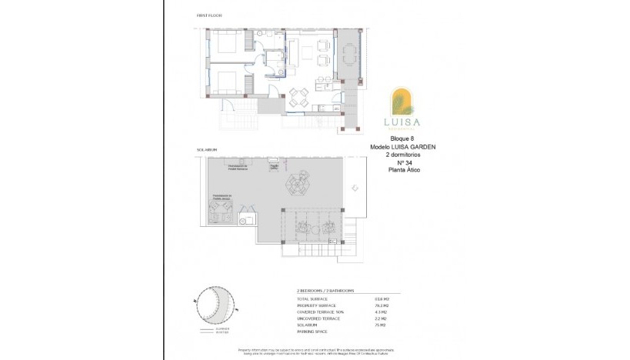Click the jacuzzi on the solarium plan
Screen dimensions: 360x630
click(x=224, y=216)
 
